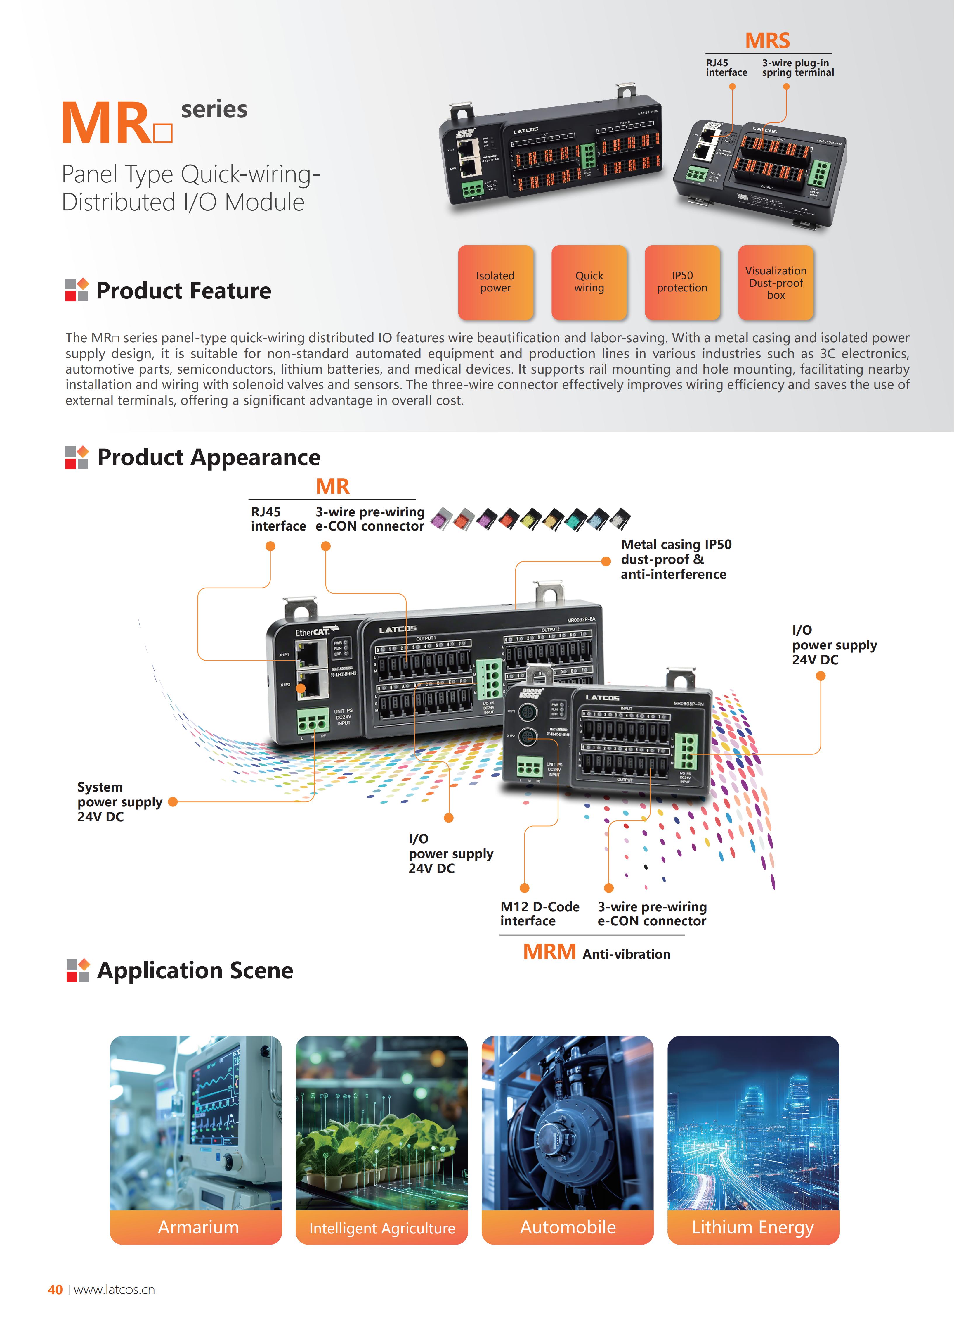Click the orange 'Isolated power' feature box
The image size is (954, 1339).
click(x=495, y=282)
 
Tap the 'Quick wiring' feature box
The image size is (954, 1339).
click(x=589, y=282)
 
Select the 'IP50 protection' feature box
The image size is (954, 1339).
click(x=682, y=282)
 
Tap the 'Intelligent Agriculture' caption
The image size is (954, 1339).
click(x=382, y=1228)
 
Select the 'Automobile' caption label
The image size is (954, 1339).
click(x=568, y=1227)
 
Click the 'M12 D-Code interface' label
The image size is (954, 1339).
click(x=539, y=913)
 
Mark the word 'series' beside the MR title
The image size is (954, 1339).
click(x=214, y=109)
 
